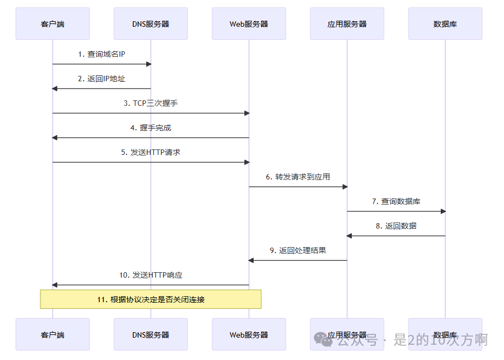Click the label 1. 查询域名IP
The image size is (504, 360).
(x=101, y=54)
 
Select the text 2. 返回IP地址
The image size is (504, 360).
(x=101, y=79)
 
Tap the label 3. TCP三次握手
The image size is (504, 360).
(x=151, y=103)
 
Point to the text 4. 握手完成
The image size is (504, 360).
(x=151, y=128)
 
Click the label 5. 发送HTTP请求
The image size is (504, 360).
(x=151, y=152)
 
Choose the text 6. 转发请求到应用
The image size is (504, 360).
(x=298, y=177)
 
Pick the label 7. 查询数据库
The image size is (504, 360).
(x=396, y=201)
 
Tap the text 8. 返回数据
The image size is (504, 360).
(x=396, y=226)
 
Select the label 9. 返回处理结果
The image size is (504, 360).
(x=298, y=250)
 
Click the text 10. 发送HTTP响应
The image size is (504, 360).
(x=151, y=275)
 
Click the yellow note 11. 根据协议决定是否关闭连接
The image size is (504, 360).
(x=151, y=299)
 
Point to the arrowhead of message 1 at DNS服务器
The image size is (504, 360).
(x=148, y=64)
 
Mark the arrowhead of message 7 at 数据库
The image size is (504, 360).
(x=443, y=212)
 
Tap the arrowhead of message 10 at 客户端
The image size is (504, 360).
(x=55, y=285)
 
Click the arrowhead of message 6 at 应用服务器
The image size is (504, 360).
(x=345, y=187)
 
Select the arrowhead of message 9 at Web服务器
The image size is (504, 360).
(x=251, y=261)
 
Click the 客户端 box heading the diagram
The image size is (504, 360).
(x=52, y=23)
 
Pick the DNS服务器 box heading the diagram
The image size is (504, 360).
(x=151, y=23)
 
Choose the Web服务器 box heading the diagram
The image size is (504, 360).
(x=249, y=23)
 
